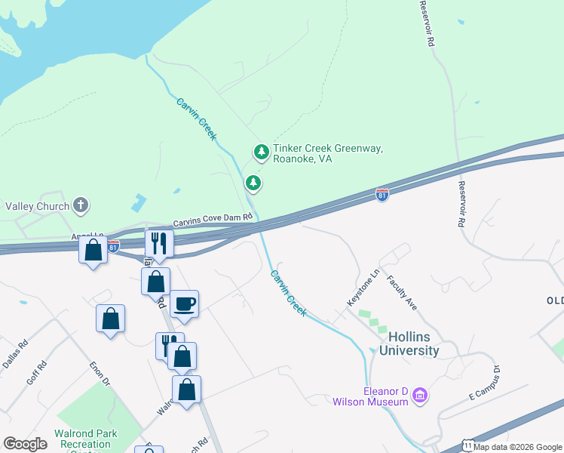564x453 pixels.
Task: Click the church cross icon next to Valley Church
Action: (81, 205)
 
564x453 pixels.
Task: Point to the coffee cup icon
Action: (185, 304)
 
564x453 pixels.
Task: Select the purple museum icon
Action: (420, 395)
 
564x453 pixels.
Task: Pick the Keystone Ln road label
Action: (361, 288)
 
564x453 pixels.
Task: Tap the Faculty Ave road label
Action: (402, 292)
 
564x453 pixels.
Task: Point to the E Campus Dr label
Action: (483, 383)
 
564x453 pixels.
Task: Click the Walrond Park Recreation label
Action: (85, 439)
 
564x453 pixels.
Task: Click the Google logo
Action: (25, 444)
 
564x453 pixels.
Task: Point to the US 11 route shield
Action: (467, 446)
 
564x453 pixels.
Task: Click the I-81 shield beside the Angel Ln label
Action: (112, 246)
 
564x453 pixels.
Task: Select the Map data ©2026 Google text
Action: (518, 447)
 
